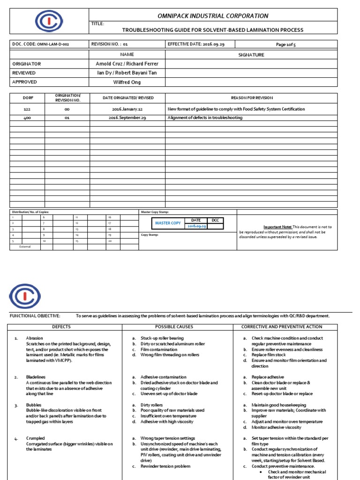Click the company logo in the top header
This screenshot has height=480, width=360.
tap(49, 21)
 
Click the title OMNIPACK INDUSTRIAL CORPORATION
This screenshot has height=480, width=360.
tap(212, 16)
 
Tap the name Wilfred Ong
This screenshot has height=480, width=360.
tap(127, 82)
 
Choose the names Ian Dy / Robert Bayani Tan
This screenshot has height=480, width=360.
tap(127, 73)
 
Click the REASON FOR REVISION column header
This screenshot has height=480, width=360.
tap(251, 98)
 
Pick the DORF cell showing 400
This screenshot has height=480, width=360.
tap(27, 118)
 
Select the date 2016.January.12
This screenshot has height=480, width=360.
tap(127, 109)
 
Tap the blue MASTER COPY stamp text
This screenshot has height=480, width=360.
tap(168, 223)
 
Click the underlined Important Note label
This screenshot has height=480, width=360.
tap(277, 227)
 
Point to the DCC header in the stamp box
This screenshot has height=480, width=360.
tap(215, 220)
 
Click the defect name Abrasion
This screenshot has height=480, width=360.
tap(34, 338)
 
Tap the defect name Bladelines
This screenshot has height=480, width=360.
tap(36, 377)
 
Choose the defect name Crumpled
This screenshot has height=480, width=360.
tap(35, 438)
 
